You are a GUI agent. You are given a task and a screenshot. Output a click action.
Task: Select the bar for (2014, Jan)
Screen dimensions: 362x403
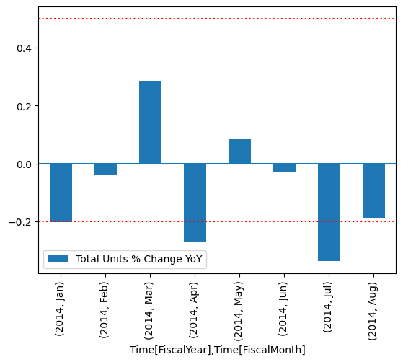(x=61, y=193)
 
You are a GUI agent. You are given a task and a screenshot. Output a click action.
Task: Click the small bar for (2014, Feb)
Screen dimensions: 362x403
(x=105, y=169)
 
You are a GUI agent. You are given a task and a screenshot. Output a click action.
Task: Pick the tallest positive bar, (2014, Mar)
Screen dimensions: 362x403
(x=150, y=123)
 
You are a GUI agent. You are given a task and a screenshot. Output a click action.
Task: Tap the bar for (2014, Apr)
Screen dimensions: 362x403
(x=195, y=203)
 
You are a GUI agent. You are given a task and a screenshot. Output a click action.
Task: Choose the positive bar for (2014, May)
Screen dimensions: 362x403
(x=239, y=151)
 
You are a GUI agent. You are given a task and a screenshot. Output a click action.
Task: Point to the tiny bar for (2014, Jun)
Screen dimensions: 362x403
(x=284, y=168)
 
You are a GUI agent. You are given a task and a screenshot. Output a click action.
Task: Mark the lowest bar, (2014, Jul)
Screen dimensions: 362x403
(x=329, y=212)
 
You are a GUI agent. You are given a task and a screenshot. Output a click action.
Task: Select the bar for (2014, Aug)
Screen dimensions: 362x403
(x=373, y=191)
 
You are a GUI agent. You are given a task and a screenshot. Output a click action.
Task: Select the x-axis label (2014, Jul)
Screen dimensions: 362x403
(x=329, y=306)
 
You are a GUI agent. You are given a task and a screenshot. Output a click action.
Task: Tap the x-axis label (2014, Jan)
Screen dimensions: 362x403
(x=61, y=306)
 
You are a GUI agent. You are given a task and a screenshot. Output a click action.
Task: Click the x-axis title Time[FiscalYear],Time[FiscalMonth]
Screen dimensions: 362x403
(x=217, y=350)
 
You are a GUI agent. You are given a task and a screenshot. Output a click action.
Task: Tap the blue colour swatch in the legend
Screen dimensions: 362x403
(x=58, y=259)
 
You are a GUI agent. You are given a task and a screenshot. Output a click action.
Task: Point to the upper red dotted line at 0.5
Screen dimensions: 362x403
(x=216, y=19)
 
